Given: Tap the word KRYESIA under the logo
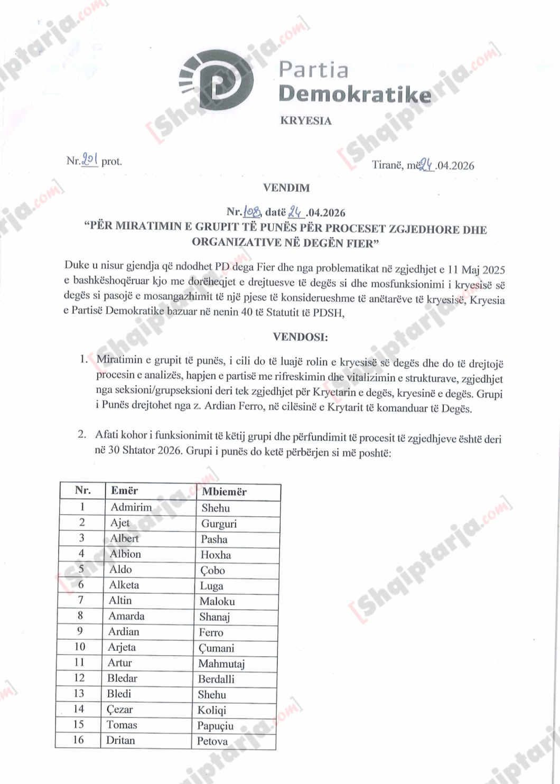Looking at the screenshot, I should point(306,120).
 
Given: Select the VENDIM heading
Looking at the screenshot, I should point(286,188).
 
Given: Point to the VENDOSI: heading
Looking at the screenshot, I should point(300,337).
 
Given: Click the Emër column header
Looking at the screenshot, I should point(124,490).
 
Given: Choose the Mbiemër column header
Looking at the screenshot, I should point(224,491).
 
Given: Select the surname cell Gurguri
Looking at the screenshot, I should point(219,524).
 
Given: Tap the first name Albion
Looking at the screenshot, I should point(125,554).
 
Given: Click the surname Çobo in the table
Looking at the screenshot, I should point(212,570).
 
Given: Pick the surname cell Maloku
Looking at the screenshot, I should point(217,601).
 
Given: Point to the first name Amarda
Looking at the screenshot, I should point(126,616).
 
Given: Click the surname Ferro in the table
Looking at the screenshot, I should point(211,632).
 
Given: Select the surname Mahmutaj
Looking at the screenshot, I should point(221,664).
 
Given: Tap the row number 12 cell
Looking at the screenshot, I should point(79,678).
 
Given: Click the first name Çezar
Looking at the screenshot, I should point(119,709).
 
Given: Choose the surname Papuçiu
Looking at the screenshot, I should point(215,726).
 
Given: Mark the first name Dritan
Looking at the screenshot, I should point(120,740).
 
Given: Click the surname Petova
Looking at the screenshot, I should point(212,741).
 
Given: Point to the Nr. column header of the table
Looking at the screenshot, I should point(82,490).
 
